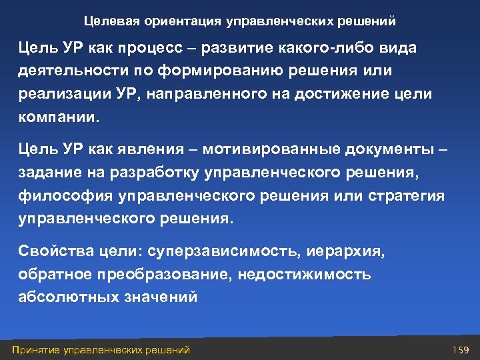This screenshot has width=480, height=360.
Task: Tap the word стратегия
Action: [409, 195]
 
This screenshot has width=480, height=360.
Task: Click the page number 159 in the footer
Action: [461, 349]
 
